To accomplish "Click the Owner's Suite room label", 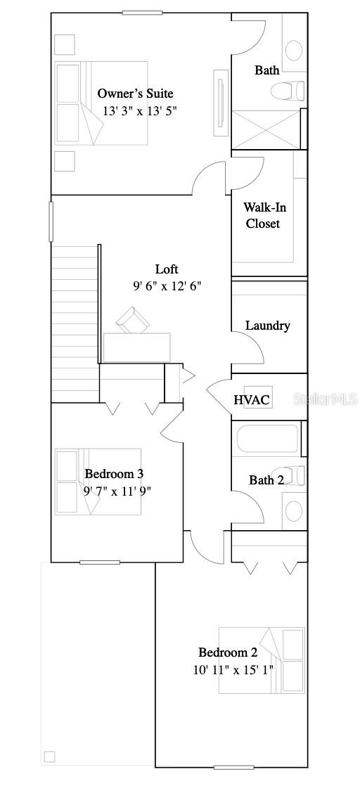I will [135, 94].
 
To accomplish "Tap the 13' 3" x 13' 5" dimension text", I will [140, 110].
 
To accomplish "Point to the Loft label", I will [167, 269].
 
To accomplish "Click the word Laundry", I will [267, 326].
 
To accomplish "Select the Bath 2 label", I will [266, 480].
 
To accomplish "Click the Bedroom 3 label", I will [114, 473].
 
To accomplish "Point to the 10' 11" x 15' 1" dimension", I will [233, 669].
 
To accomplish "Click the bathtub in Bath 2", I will [267, 439].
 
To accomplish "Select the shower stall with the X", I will [266, 129].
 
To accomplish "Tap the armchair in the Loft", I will [134, 320].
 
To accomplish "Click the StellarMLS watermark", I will [325, 399].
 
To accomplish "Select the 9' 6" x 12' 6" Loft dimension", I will [167, 286].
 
